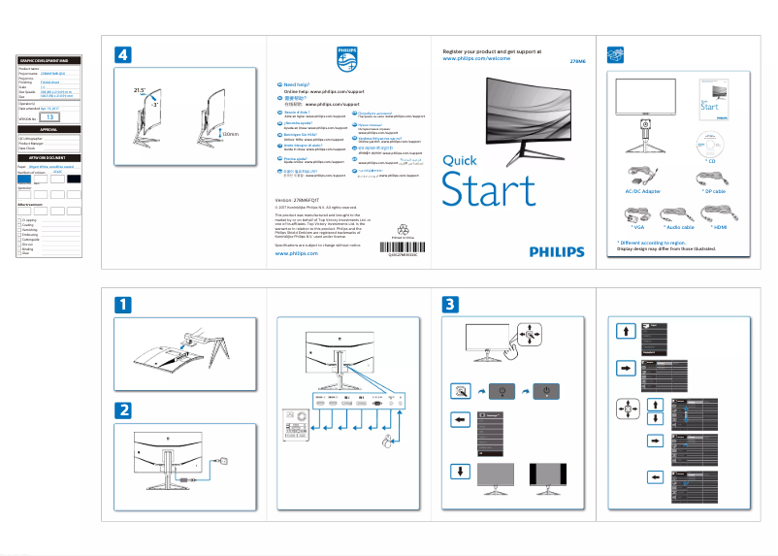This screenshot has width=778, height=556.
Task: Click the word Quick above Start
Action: tap(461, 160)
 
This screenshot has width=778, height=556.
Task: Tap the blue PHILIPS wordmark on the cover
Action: tap(557, 250)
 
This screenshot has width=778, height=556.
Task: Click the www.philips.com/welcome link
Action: tap(475, 58)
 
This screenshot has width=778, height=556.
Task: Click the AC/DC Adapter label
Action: tap(643, 191)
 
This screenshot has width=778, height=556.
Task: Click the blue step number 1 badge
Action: tap(123, 305)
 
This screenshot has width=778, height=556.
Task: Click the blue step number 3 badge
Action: tap(451, 305)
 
